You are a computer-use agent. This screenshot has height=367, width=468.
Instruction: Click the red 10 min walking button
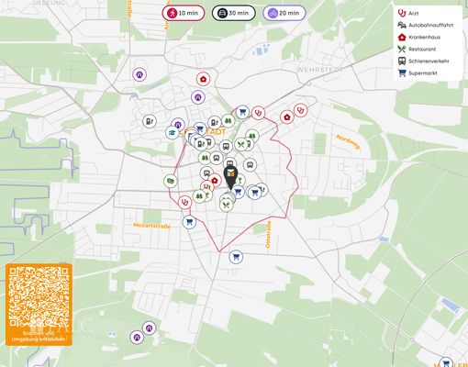184,13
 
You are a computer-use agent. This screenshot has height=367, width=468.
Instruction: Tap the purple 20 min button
284,13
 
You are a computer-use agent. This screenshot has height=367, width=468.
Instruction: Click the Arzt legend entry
414,13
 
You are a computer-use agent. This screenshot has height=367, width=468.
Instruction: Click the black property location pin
231,174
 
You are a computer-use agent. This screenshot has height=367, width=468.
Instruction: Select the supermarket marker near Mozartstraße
189,222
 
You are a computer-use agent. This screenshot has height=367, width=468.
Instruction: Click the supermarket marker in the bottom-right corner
446,363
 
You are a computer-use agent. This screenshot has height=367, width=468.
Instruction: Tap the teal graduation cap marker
171,133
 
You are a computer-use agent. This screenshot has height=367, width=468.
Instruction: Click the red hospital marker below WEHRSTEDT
287,117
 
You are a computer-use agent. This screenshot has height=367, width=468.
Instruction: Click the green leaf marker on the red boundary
171,181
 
